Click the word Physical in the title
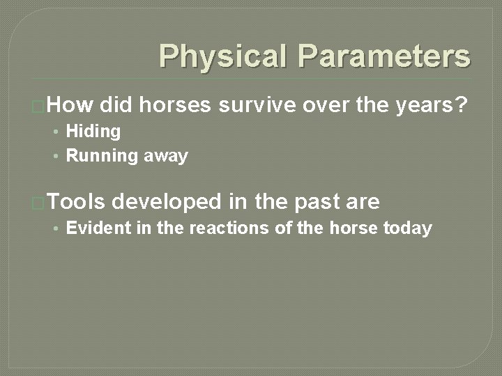[x=222, y=56]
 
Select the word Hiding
[x=93, y=132]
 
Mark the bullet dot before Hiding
[x=56, y=132]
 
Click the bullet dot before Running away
[x=56, y=156]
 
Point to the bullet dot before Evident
[x=56, y=228]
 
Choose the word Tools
[x=77, y=202]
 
